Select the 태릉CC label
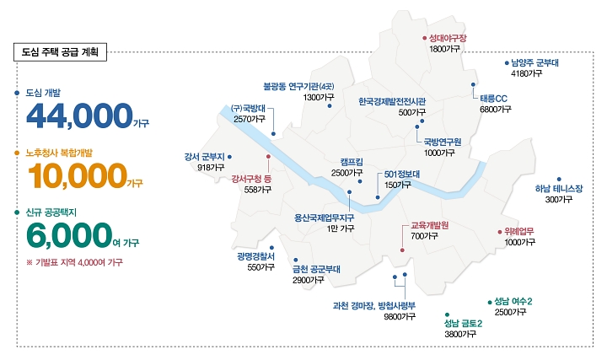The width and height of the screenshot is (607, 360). pos(493,98)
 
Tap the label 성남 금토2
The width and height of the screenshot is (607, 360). pos(463,323)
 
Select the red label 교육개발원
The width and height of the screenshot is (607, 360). pos(429,225)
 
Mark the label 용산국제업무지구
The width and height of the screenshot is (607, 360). pos(324,218)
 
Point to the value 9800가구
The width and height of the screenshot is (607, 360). pos(399,317)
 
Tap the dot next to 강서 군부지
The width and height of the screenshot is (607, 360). pos(229,156)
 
